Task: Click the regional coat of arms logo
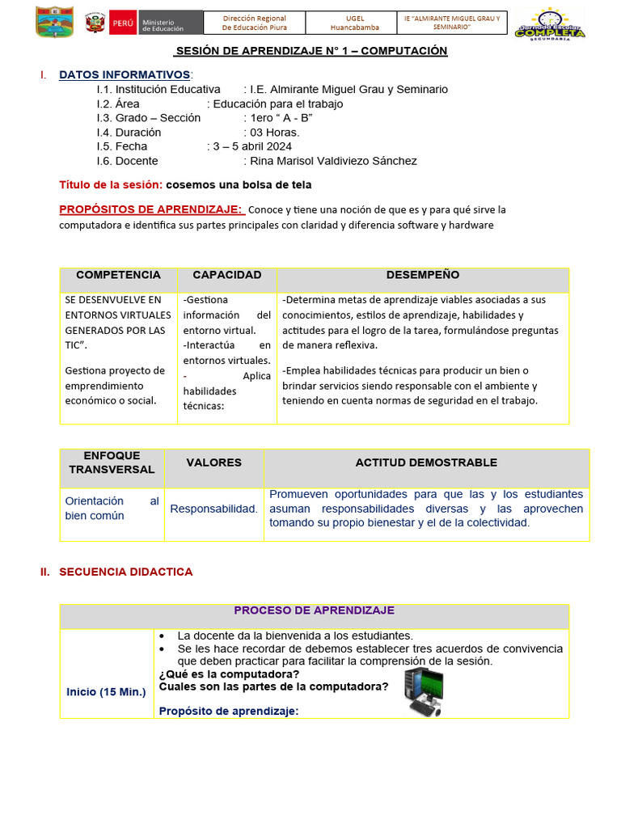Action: pyautogui.click(x=55, y=22)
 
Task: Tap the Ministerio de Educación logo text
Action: pyautogui.click(x=163, y=23)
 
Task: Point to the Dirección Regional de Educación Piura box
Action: pyautogui.click(x=254, y=23)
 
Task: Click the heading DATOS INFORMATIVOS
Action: pyautogui.click(x=125, y=75)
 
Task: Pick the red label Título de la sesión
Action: pyautogui.click(x=111, y=185)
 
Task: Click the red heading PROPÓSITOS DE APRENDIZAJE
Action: pyautogui.click(x=150, y=209)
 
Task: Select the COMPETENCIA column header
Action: pyautogui.click(x=118, y=275)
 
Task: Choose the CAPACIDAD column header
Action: pyautogui.click(x=226, y=275)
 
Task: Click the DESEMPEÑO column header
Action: pyautogui.click(x=422, y=275)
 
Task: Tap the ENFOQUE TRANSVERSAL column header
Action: pyautogui.click(x=112, y=463)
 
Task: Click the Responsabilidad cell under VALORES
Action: pyautogui.click(x=213, y=509)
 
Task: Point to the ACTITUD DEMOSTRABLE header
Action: pyautogui.click(x=426, y=463)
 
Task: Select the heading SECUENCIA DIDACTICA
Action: pyautogui.click(x=125, y=572)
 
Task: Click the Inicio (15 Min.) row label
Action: pyautogui.click(x=106, y=692)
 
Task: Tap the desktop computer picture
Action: pyautogui.click(x=425, y=693)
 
